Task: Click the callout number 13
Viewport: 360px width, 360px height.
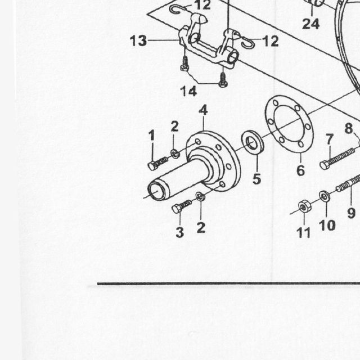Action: coord(138,41)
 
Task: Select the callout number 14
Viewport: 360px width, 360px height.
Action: coord(188,91)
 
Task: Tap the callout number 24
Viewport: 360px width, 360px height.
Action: coord(310,24)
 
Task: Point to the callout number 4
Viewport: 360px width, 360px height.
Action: coord(204,110)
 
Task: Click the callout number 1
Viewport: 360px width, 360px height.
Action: coord(152,136)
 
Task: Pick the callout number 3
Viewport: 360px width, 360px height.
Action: coord(180,232)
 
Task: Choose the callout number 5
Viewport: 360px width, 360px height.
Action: coord(256,179)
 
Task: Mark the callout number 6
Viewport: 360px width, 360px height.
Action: coord(300,170)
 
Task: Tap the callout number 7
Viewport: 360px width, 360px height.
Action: coord(330,139)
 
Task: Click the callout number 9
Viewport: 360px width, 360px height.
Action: coord(351,213)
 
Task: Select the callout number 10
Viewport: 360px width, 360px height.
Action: coord(327,225)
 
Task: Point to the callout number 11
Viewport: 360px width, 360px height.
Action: coord(304,232)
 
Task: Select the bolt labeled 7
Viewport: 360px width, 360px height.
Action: coord(337,159)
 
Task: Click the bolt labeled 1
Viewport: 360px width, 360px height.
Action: coord(158,163)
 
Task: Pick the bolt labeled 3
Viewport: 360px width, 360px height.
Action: coord(181,206)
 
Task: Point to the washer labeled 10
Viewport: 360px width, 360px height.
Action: coord(325,196)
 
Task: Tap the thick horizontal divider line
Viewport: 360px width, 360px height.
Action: coord(228,283)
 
